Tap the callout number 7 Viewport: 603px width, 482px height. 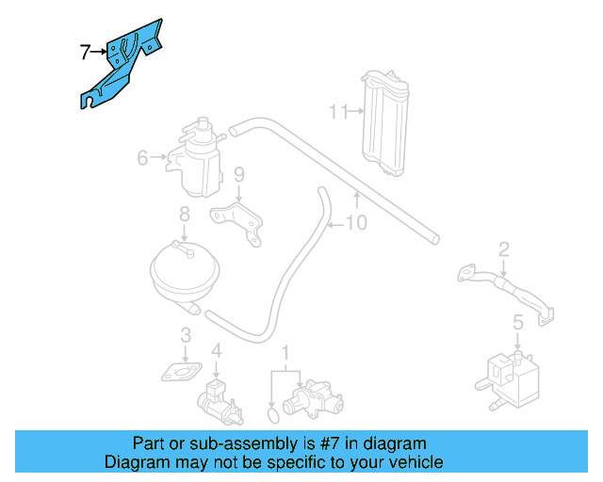tap(85, 52)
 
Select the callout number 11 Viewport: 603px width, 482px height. tap(337, 112)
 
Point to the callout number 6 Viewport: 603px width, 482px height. tap(142, 157)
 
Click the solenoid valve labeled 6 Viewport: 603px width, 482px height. tap(195, 155)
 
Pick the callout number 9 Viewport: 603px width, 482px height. tap(239, 174)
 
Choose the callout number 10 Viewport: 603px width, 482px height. tap(356, 223)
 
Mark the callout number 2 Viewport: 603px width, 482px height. tap(504, 249)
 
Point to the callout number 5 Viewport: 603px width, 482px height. tap(517, 324)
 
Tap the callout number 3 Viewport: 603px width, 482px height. tap(187, 334)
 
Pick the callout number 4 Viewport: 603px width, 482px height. tap(217, 351)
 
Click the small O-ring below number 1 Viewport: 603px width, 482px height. tap(273, 413)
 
